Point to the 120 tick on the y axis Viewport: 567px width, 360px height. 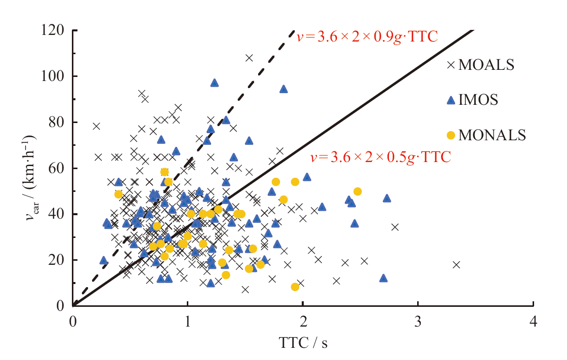coord(55,30)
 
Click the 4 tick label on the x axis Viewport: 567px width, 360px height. coord(533,322)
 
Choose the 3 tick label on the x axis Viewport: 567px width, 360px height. coord(418,322)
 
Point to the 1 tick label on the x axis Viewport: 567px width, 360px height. coord(188,322)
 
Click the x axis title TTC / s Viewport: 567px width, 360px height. coord(303,343)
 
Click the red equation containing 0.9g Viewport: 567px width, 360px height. coord(367,36)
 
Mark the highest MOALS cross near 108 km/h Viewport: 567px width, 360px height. coord(249,58)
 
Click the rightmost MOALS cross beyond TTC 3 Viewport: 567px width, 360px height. coord(456,265)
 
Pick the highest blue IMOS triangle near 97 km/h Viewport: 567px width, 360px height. coord(215,83)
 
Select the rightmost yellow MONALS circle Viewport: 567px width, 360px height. coord(357,191)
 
